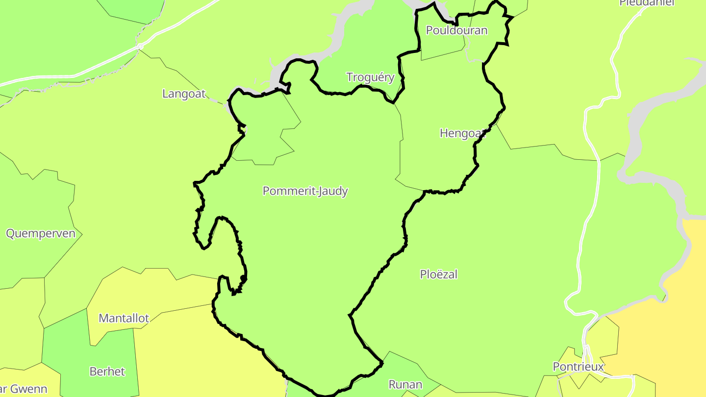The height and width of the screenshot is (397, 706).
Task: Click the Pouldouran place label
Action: click(x=456, y=30)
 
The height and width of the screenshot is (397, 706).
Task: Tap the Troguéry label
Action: click(x=370, y=77)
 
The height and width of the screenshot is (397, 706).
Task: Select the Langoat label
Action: click(x=184, y=94)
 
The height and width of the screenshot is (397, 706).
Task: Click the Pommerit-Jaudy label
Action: click(x=305, y=191)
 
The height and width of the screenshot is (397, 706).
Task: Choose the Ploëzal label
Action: click(x=438, y=274)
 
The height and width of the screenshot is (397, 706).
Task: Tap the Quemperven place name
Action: click(x=41, y=233)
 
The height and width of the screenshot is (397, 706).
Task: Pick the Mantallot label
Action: click(x=124, y=318)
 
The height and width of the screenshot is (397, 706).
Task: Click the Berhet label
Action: click(x=107, y=371)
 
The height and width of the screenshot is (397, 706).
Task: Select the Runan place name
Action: click(x=405, y=384)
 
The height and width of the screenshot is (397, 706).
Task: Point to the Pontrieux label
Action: click(x=578, y=367)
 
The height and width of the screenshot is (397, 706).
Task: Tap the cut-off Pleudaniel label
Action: click(x=647, y=3)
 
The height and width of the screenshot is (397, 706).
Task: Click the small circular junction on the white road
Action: click(x=140, y=47)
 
